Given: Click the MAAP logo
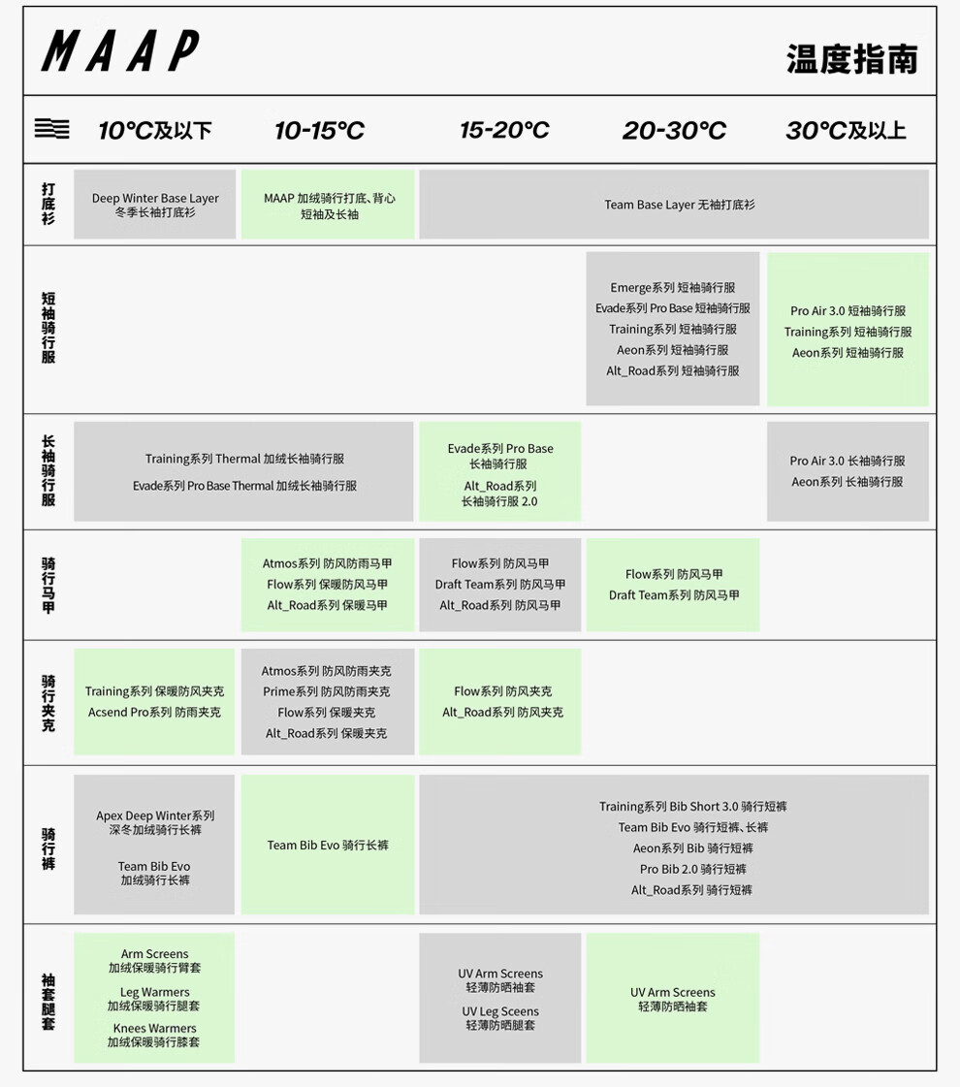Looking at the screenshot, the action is click(x=120, y=51).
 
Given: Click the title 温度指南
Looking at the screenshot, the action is click(x=851, y=59).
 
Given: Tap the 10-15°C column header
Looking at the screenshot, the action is click(x=319, y=130).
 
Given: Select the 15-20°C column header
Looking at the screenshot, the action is click(x=504, y=130).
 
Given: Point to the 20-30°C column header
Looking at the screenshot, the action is click(x=674, y=130).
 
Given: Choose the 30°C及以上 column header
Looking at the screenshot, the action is click(x=846, y=130).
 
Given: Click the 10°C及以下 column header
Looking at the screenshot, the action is click(x=155, y=130).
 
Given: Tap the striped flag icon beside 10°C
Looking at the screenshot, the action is click(x=51, y=128).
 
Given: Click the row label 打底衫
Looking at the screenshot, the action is click(x=48, y=204).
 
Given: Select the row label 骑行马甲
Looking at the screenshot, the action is click(x=48, y=585).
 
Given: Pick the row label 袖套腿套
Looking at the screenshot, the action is click(x=48, y=1001).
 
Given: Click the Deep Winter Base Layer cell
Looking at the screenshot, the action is click(x=155, y=205).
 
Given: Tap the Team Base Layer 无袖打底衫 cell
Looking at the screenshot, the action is click(x=679, y=205).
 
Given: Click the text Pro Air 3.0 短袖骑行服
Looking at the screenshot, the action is click(x=848, y=311).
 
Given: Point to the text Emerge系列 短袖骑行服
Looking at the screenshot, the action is click(x=672, y=288).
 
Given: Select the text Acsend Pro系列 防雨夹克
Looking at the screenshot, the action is click(x=154, y=712).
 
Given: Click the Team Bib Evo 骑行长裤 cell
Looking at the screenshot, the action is click(x=328, y=845).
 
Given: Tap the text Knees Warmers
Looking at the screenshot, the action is click(x=154, y=1028).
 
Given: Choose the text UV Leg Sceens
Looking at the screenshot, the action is click(x=500, y=1011).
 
